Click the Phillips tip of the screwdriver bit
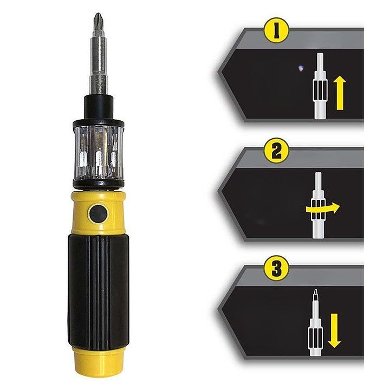98,21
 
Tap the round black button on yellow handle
98,213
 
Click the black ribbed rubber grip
98,287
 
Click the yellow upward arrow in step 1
340,93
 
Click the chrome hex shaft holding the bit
98,65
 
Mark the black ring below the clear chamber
98,185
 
